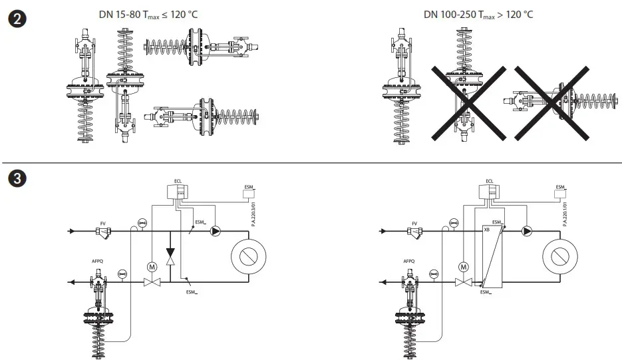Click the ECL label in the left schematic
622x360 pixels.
pos(178,181)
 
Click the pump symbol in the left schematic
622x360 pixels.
pos(216,232)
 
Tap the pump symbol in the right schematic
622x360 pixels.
pos(527,232)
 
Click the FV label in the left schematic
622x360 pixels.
pos(102,224)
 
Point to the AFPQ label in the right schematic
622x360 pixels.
pos(409,262)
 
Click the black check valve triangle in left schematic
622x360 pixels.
pos(170,252)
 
